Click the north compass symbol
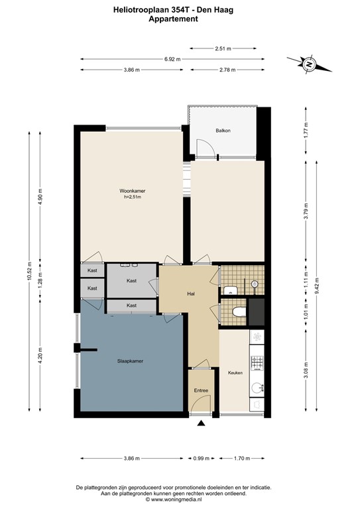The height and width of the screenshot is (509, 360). [310, 64]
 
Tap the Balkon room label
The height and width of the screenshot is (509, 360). [223, 131]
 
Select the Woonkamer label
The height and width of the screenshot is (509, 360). [132, 191]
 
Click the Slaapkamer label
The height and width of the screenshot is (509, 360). [130, 361]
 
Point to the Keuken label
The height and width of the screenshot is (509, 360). [235, 372]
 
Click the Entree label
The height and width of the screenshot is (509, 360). [201, 390]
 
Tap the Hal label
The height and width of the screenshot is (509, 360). [191, 294]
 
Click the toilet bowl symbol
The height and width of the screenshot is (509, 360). [239, 311]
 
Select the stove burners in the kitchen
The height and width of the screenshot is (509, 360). [257, 363]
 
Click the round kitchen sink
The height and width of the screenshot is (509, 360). [257, 388]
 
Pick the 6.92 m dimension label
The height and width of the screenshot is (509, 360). [172, 59]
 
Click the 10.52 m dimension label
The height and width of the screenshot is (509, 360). [29, 270]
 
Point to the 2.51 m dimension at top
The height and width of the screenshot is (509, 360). [223, 48]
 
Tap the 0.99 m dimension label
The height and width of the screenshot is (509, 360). [202, 459]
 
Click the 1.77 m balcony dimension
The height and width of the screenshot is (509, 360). [306, 130]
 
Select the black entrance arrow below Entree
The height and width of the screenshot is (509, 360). [202, 423]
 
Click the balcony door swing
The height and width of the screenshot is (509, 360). [206, 148]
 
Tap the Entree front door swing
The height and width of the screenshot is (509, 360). [201, 405]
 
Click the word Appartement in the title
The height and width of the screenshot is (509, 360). [173, 19]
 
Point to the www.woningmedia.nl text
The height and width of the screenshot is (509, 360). [176, 500]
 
